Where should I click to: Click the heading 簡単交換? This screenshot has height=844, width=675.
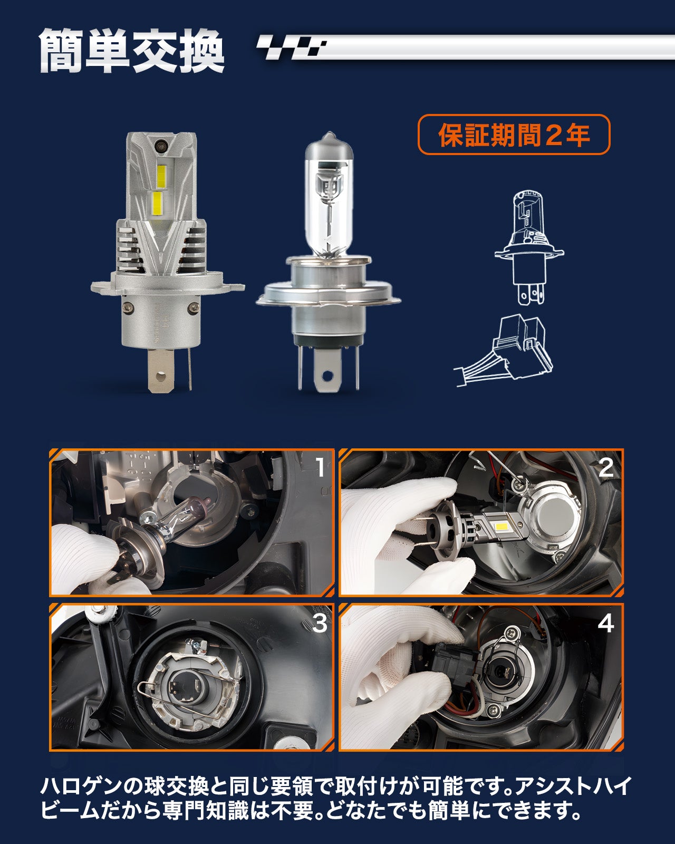[132, 51]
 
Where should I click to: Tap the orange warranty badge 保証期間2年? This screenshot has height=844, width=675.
[514, 135]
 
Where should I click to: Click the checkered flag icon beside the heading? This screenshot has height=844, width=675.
[291, 47]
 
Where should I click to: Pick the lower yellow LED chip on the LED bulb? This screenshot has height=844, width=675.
[157, 202]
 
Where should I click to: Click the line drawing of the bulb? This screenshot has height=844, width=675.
[529, 247]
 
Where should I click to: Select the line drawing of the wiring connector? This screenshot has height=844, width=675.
[506, 351]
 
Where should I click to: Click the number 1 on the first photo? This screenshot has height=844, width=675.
[321, 467]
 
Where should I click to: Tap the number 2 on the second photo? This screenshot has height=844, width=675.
[606, 467]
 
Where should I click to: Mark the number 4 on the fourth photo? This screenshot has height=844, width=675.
[605, 623]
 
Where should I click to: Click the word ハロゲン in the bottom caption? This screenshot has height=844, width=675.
[85, 785]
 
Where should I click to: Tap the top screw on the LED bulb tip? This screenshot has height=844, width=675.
[161, 146]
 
